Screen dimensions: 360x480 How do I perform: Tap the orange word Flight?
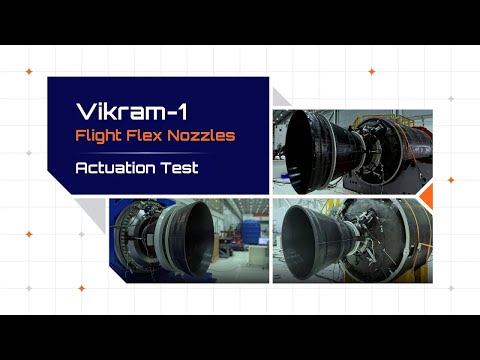click(x=104, y=134)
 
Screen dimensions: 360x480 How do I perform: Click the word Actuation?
click(x=116, y=167)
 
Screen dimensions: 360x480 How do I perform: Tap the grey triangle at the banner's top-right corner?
click(x=280, y=96)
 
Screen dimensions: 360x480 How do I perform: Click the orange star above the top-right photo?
click(x=372, y=72)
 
